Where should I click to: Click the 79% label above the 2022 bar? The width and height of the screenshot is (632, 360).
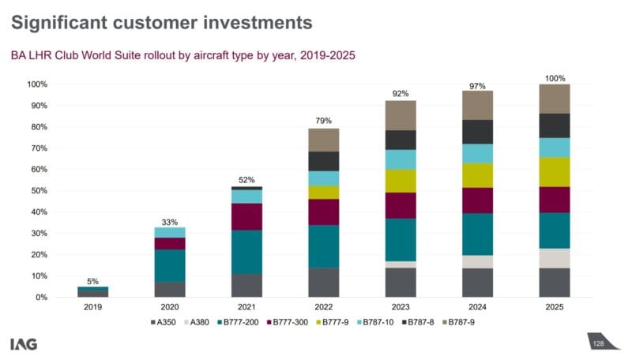coord(322,121)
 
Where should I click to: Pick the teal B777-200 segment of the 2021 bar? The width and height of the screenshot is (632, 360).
coord(246,252)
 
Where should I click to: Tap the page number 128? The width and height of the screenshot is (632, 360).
coord(598,344)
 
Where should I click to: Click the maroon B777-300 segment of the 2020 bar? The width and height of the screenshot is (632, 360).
coord(169,243)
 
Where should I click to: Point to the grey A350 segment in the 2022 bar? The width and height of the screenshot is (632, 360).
coord(323,283)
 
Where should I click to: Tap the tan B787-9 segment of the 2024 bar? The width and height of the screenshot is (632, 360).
coord(476,105)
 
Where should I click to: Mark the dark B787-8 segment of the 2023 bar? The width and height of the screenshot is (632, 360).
coord(400,140)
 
